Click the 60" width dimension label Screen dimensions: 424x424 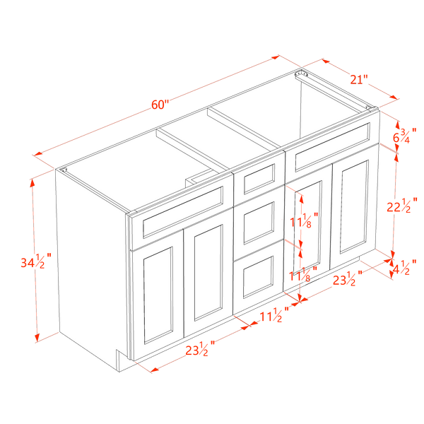click(x=160, y=105)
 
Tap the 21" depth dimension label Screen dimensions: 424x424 click(x=359, y=80)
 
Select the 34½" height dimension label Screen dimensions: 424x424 click(x=36, y=261)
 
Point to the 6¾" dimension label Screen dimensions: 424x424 click(x=404, y=136)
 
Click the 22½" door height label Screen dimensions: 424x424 click(x=402, y=206)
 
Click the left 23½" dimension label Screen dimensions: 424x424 click(x=200, y=349)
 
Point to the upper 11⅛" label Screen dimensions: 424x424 click(x=304, y=220)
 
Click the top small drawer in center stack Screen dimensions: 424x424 click(x=259, y=179)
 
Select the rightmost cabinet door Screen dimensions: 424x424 click(x=354, y=207)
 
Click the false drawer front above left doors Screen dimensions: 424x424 click(x=182, y=212)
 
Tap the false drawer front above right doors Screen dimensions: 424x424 click(x=332, y=148)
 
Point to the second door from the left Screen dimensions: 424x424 click(x=208, y=272)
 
